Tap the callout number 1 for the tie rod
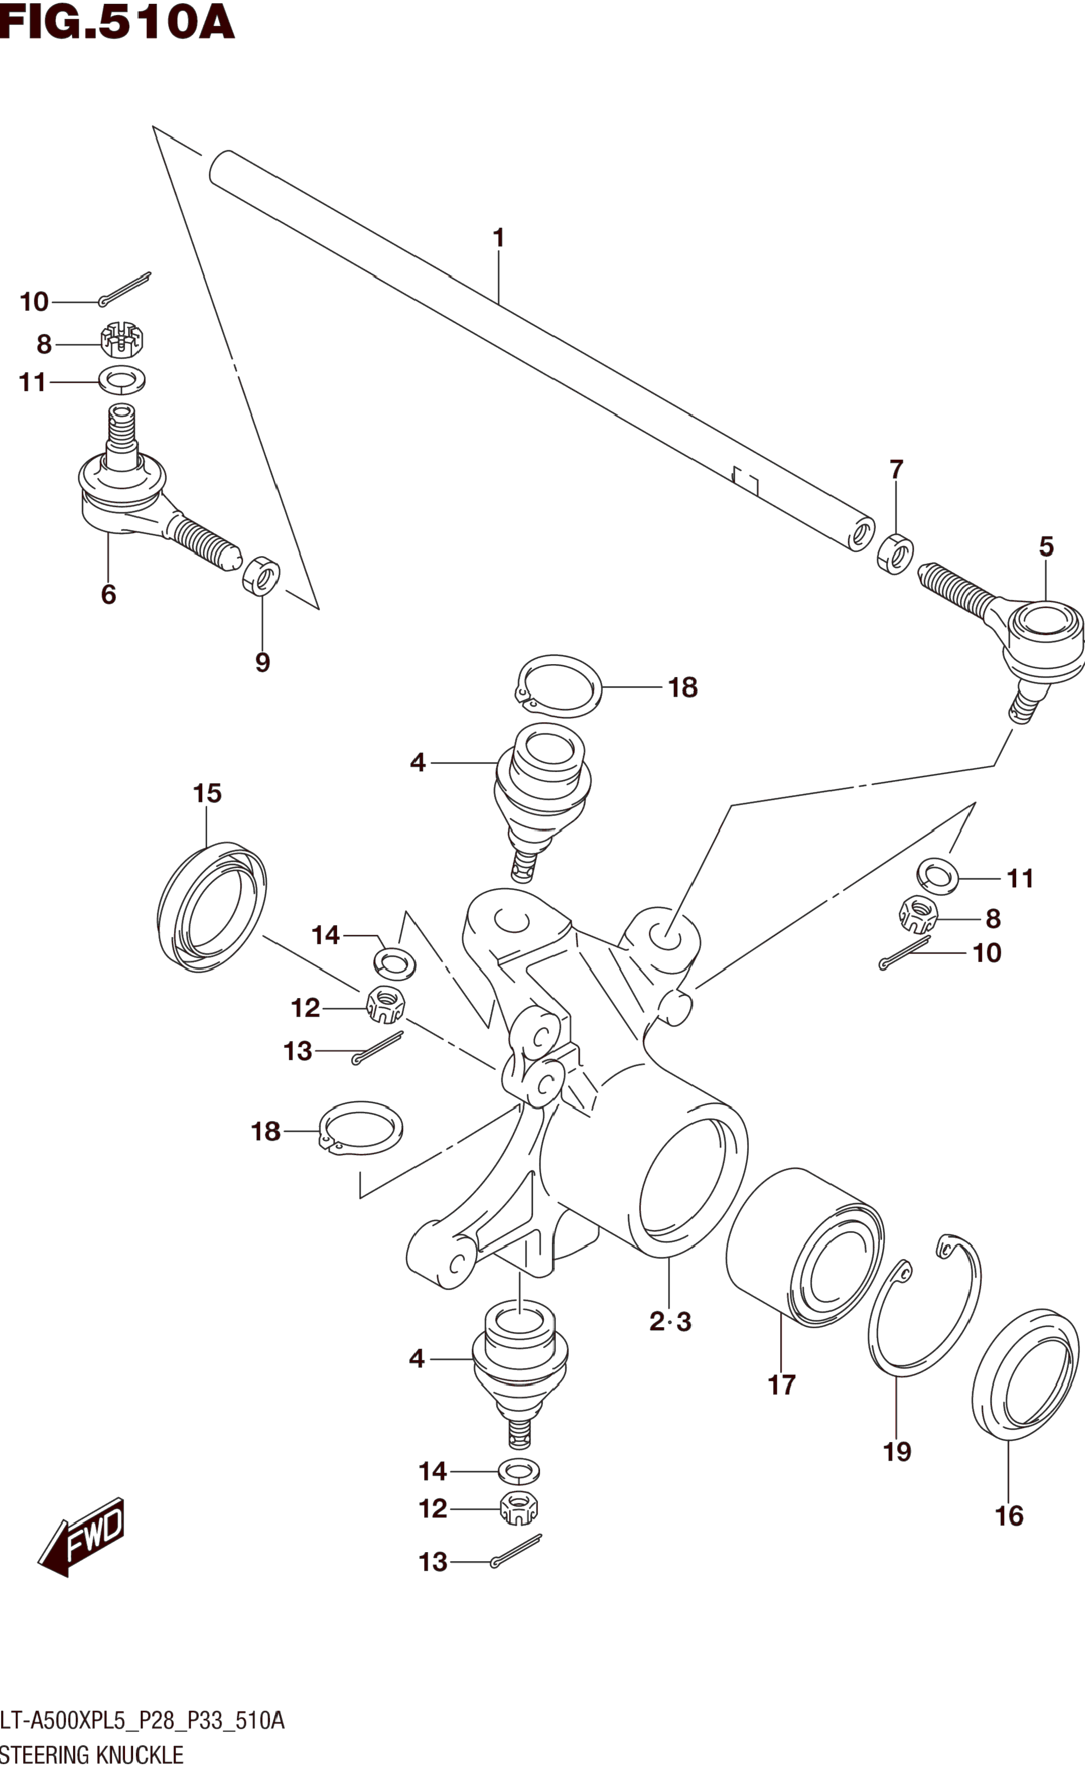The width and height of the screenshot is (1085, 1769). coord(498,238)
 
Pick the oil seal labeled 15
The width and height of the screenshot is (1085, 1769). coord(211,907)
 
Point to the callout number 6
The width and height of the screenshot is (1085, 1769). coord(108,594)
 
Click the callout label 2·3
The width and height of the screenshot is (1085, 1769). coord(669,1321)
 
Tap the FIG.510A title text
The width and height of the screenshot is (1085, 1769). coord(117,22)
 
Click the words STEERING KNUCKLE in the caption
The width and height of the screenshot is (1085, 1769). coord(91,1755)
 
